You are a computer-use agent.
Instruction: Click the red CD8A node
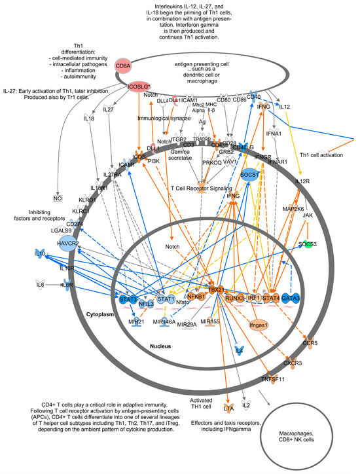click(x=123, y=65)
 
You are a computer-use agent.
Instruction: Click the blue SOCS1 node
click(x=248, y=175)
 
